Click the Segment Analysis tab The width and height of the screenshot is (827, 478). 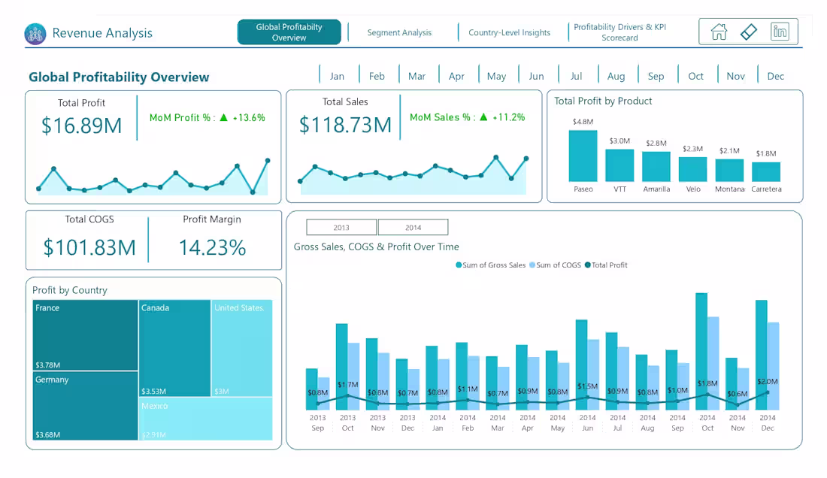399,32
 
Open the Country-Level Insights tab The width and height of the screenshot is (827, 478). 509,32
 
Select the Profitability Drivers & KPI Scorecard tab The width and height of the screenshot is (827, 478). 619,32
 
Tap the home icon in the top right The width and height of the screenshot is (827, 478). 719,32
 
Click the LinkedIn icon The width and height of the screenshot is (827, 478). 780,32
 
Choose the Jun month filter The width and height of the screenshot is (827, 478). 536,76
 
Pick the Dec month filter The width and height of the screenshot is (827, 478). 775,76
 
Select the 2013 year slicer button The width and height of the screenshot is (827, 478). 341,227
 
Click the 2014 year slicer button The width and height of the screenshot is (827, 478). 413,227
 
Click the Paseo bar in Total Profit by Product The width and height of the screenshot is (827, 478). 583,156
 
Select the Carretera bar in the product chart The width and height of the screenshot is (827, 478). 766,171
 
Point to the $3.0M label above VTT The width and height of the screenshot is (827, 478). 619,141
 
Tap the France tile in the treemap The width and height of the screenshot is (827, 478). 85,334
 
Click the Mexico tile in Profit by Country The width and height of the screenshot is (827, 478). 205,419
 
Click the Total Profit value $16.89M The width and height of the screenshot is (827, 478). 81,126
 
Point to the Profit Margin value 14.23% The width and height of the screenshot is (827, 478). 212,247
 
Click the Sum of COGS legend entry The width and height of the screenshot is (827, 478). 556,265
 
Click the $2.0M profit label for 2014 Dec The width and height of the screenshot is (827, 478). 768,382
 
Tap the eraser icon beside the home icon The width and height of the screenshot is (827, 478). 749,32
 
